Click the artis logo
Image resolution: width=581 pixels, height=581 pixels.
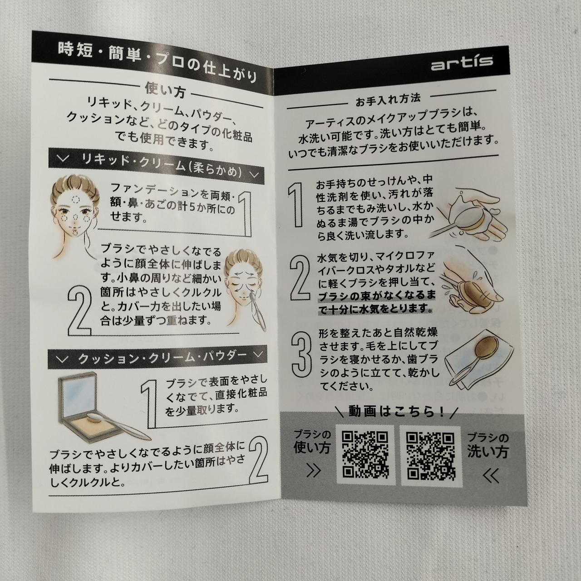tap(462, 63)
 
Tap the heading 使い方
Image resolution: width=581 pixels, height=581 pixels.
tap(165, 90)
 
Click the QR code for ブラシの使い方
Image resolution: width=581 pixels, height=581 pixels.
tap(365, 455)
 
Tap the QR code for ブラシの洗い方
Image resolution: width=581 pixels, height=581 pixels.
tap(431, 456)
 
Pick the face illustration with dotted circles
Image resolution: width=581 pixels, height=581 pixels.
tap(74, 215)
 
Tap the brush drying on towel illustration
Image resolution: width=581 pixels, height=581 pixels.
tap(479, 362)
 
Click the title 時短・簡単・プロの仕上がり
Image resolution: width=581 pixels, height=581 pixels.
tap(157, 62)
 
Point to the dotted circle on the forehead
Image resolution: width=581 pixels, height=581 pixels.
tap(74, 200)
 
